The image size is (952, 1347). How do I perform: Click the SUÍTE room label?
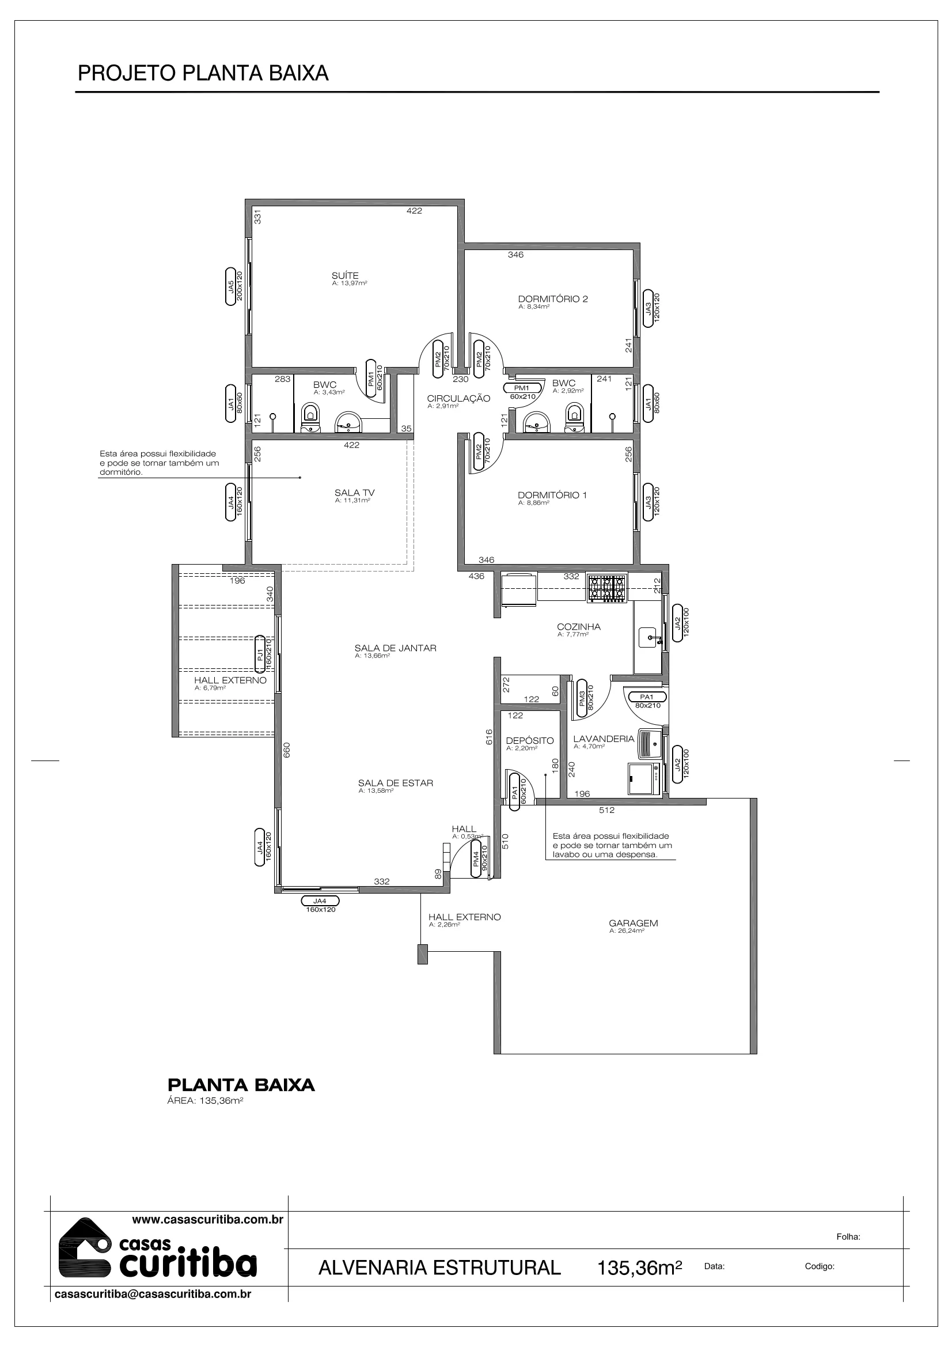click(x=345, y=276)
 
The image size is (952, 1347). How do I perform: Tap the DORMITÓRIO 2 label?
click(x=552, y=299)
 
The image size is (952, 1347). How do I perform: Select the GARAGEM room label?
click(x=634, y=923)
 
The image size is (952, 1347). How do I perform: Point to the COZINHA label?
click(x=579, y=627)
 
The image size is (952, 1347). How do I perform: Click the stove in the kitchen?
click(x=606, y=588)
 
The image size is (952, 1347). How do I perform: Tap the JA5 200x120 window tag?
click(x=235, y=287)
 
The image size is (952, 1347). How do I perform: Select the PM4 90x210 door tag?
click(x=480, y=861)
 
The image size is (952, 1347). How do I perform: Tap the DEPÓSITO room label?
click(x=530, y=740)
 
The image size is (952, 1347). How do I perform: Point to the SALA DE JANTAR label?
click(x=395, y=648)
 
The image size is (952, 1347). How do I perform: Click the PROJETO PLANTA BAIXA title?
click(x=203, y=73)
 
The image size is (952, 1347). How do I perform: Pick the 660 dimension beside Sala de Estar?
click(x=287, y=750)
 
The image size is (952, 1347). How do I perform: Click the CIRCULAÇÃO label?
click(x=458, y=398)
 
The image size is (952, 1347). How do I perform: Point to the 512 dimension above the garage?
click(x=606, y=810)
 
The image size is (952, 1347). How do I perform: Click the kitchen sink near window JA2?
click(x=648, y=637)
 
